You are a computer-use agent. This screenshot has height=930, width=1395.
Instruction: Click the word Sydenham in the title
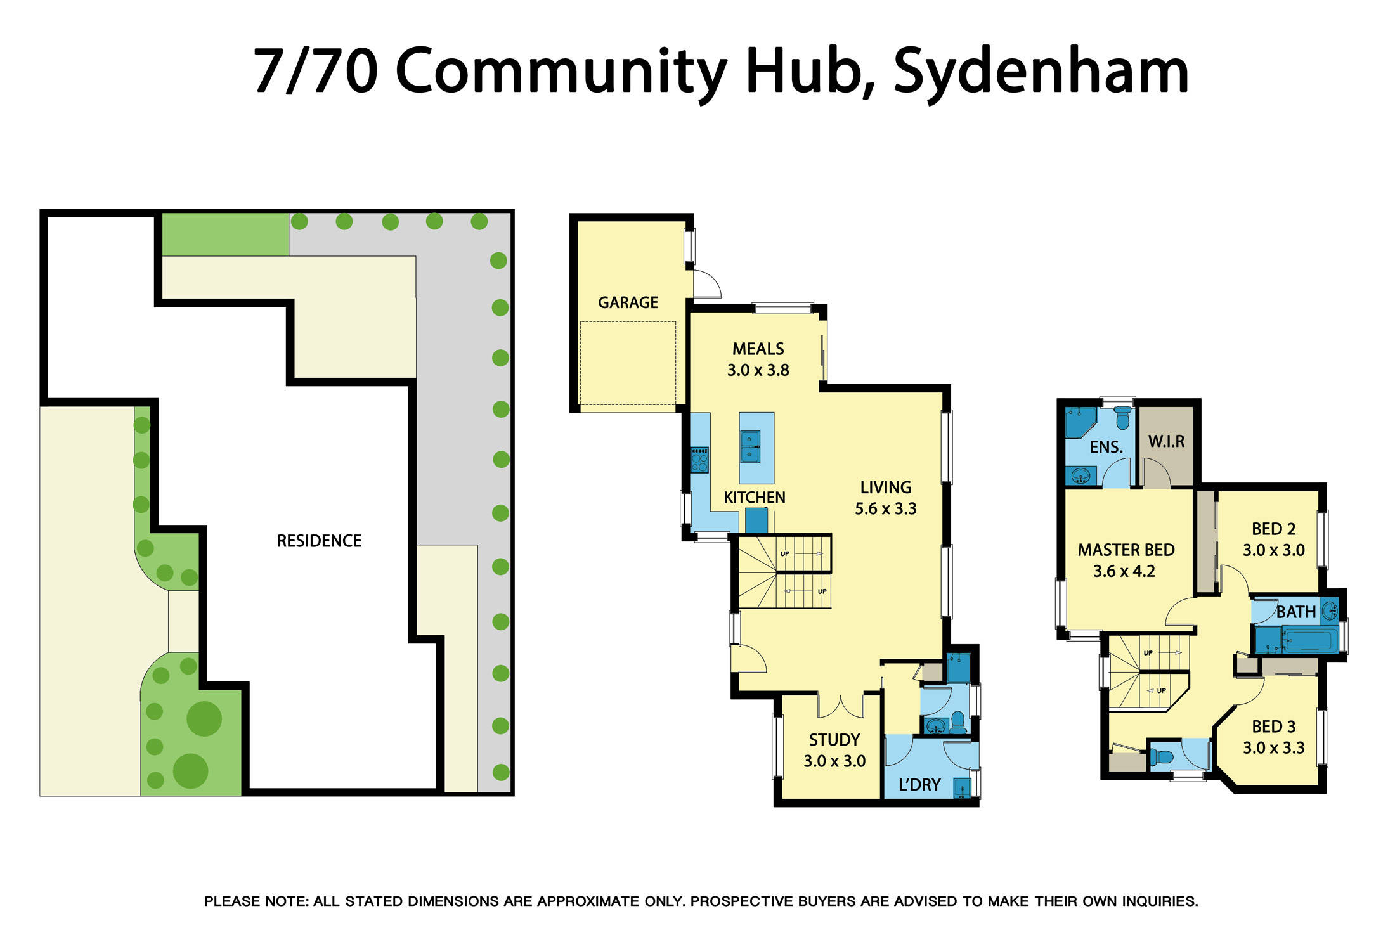tap(1041, 71)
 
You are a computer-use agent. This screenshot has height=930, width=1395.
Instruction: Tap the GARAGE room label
tap(628, 302)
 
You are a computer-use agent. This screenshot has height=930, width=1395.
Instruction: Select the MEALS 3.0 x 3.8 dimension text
tap(758, 370)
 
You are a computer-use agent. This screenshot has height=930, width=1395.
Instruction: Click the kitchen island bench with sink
tap(756, 448)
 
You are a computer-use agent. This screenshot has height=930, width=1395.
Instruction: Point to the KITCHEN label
tap(754, 497)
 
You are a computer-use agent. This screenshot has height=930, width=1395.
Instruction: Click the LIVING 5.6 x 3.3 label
tap(885, 498)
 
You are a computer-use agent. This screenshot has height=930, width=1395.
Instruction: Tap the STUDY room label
tap(834, 740)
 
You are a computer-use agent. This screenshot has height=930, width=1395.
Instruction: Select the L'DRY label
tap(919, 785)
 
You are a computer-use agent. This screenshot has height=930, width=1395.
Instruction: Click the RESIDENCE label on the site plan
tap(319, 541)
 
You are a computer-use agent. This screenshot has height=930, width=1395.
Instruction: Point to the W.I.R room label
tap(1165, 441)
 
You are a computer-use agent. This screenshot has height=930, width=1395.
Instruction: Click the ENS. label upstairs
tap(1106, 447)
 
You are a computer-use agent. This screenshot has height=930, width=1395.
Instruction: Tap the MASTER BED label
tap(1126, 550)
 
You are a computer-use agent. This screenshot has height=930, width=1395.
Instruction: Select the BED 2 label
tap(1273, 529)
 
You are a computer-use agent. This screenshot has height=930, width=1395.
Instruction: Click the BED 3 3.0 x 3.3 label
tap(1273, 737)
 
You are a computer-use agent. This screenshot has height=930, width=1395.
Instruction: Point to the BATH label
tap(1295, 612)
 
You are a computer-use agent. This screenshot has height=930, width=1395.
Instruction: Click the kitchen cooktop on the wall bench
tap(699, 460)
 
